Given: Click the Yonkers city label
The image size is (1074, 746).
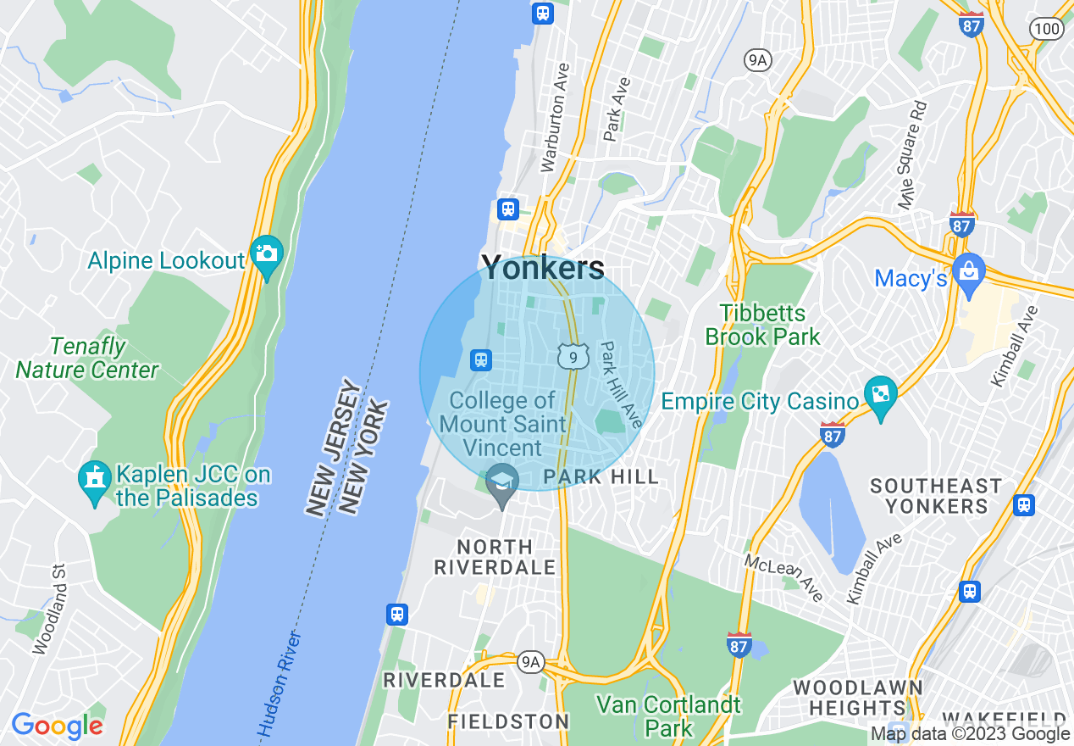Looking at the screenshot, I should [543, 268].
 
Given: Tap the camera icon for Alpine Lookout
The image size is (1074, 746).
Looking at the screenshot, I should [266, 255].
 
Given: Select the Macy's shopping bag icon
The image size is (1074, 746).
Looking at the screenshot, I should [968, 272].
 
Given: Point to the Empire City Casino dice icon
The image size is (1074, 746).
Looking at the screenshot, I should [881, 396].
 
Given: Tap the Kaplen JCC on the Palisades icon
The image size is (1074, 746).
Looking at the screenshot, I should [94, 480].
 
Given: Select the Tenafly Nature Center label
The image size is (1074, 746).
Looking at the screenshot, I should [87, 359].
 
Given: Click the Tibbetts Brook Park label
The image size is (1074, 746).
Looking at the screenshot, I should [762, 326].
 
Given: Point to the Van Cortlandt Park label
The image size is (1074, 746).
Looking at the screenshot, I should [668, 715].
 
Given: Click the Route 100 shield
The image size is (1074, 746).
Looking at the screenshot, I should [1048, 30].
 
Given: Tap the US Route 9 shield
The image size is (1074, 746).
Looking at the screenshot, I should [573, 358].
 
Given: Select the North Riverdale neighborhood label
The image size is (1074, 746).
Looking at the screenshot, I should [495, 557].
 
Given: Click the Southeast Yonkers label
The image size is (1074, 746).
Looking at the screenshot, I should [935, 496].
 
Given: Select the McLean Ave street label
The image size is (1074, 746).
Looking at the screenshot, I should [783, 577].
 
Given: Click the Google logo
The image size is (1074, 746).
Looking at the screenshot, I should [57, 727].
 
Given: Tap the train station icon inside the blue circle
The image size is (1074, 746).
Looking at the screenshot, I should [481, 360].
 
